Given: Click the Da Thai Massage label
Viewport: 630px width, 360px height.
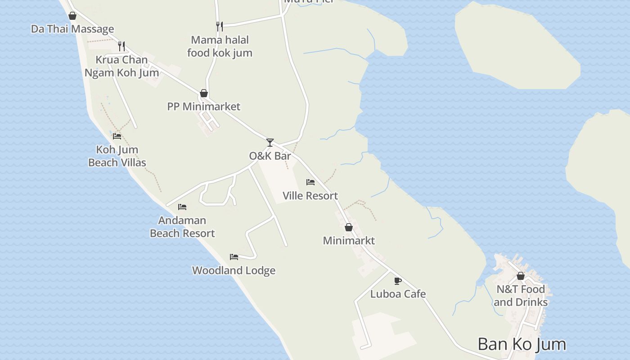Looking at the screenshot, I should point(72,29).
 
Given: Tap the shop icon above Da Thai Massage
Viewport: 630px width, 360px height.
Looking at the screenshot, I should point(72,16).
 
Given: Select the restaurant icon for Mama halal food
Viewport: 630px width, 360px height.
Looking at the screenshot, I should point(219,27).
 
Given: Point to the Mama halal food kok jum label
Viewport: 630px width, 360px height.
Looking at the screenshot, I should point(220,46).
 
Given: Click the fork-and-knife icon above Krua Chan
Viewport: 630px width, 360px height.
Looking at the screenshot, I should point(121,46).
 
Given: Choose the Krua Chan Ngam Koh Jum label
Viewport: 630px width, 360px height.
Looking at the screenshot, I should point(122,66).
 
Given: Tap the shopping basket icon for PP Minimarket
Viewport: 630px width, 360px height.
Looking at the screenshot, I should point(204,93).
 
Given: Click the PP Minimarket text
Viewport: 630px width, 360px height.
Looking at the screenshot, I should point(204,107).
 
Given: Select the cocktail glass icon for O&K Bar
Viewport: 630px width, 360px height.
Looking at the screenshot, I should point(270,143).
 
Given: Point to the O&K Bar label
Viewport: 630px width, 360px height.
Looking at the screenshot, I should point(270,156).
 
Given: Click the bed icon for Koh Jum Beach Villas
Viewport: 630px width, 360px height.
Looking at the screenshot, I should point(117,136).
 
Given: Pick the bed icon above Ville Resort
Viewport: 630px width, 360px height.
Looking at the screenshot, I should point(310,182).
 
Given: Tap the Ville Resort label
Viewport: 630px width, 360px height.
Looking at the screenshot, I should point(310,196).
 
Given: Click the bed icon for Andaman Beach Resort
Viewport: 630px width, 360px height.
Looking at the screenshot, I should point(182,207).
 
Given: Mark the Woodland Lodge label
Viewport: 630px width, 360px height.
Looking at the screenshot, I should point(234,270).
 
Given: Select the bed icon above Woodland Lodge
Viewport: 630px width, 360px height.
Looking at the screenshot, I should point(234,257).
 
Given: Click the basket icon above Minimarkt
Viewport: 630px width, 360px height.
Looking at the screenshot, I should point(349,227).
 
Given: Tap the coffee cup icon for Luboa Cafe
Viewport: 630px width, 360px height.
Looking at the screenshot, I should point(398,281).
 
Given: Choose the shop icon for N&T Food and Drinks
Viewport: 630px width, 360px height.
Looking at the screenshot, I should point(521,276).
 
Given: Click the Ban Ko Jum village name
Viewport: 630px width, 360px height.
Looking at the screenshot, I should point(522,344).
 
